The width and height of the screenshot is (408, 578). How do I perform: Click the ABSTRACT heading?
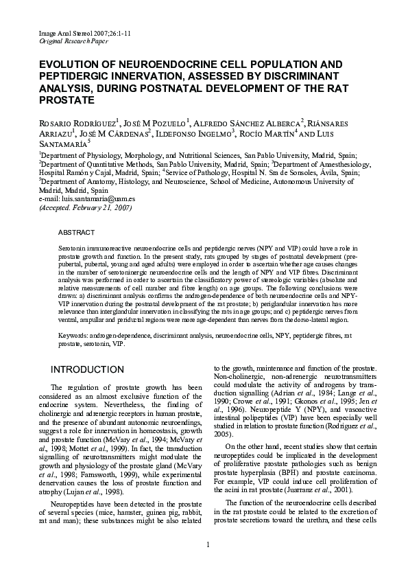[76, 233]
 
